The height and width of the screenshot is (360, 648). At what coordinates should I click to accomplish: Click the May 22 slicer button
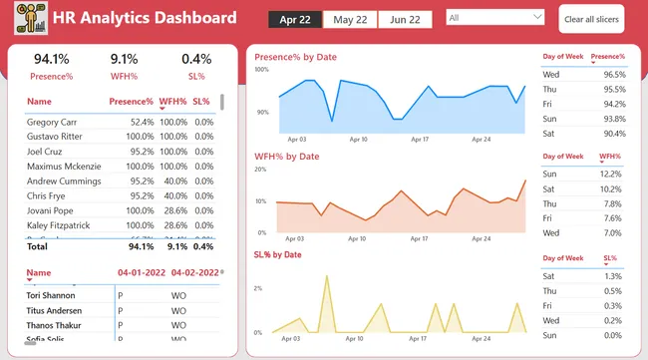coord(350,20)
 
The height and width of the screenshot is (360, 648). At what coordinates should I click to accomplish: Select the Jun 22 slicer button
coord(405,20)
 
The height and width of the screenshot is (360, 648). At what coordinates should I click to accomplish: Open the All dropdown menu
coord(495,18)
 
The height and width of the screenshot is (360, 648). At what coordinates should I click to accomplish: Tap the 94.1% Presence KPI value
coord(52,59)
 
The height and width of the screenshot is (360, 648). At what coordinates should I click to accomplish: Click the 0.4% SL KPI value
coord(196,59)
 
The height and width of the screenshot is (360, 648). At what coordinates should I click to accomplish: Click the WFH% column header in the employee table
coord(172,102)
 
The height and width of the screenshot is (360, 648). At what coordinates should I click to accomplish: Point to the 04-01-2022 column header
coord(141,272)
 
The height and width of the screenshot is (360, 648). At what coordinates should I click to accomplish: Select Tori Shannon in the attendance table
coord(55,294)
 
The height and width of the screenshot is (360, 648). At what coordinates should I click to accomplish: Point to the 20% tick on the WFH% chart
coord(261,170)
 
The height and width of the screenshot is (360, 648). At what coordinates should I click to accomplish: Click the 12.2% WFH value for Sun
coord(611,174)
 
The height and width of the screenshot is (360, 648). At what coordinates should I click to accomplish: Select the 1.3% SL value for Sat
coord(612,276)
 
